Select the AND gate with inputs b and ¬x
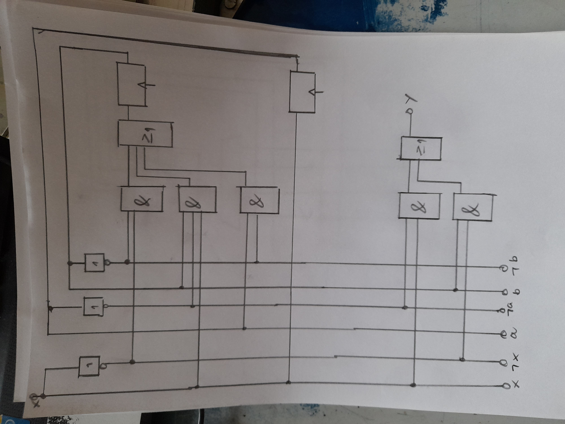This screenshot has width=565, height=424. [x=472, y=207]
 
